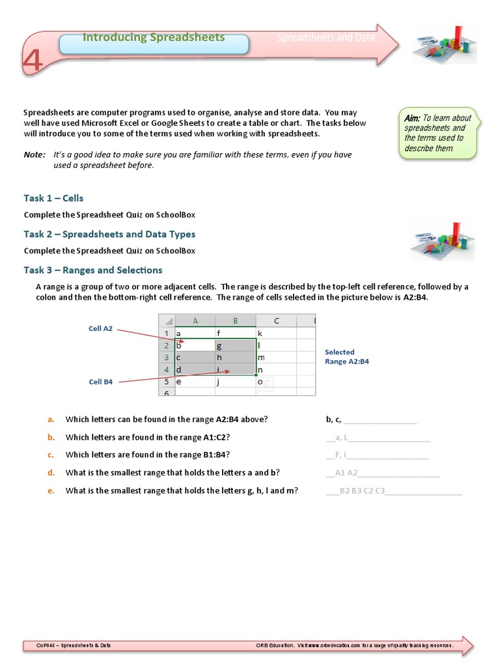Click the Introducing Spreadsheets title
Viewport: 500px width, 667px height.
pos(154,38)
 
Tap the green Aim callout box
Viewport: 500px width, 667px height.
pos(438,133)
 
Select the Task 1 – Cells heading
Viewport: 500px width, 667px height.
pos(53,198)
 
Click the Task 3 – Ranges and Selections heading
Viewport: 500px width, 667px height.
pos(93,270)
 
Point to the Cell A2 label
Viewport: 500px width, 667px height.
pos(100,329)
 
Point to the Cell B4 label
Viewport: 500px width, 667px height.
pos(100,382)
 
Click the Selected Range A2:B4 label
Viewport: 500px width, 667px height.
pos(347,356)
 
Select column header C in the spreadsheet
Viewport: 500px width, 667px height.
pos(276,320)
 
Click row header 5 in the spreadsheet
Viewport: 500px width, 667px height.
pos(167,382)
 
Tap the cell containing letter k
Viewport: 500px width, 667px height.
pos(276,333)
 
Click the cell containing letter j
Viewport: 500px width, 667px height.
pos(235,382)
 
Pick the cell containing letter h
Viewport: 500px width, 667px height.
pos(235,358)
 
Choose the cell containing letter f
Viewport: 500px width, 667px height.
pos(235,333)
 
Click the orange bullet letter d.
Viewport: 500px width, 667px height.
pos(50,472)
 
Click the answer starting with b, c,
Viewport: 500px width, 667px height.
pos(334,419)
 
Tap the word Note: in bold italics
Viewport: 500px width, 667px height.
pos(35,154)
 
